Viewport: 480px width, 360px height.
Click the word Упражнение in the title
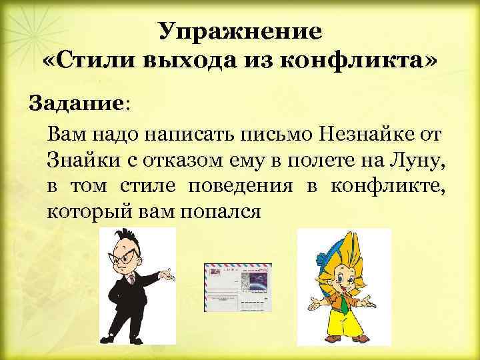[x=241, y=31]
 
